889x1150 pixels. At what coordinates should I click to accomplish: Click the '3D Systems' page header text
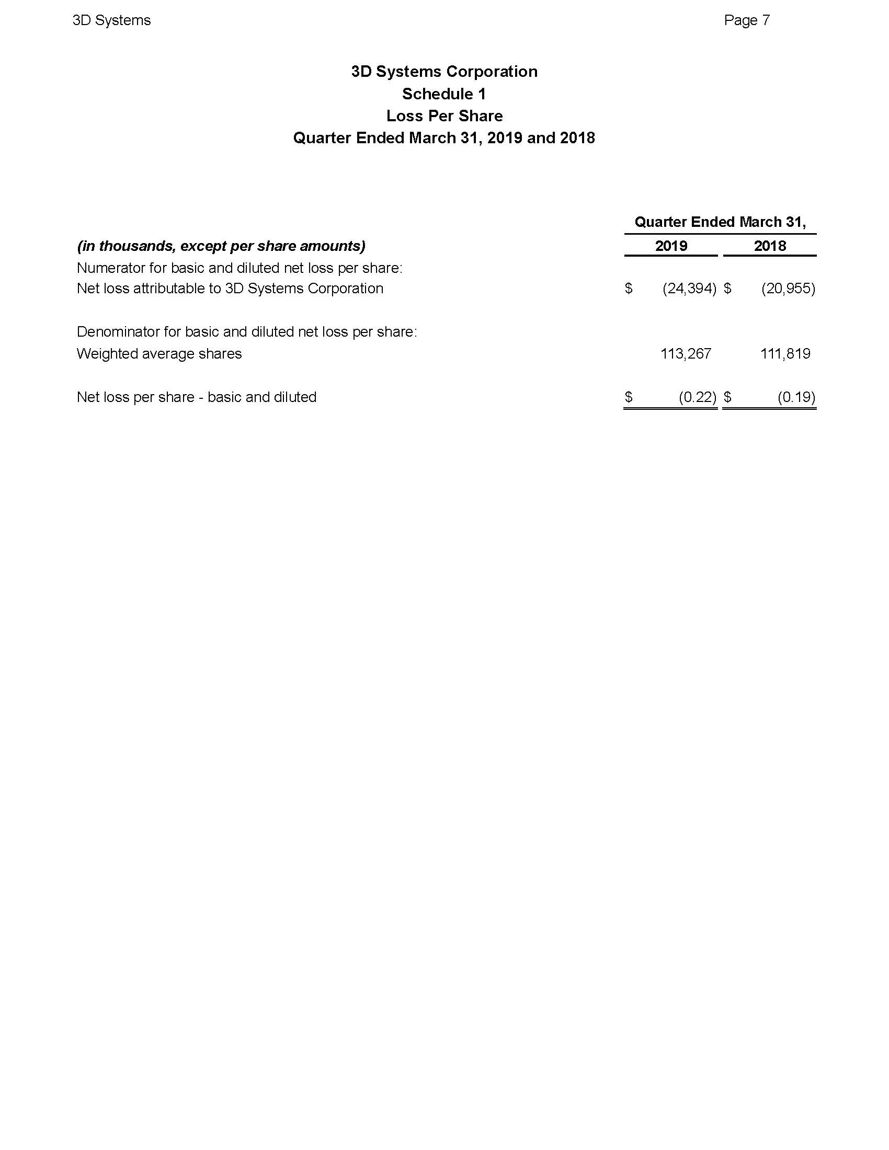[112, 20]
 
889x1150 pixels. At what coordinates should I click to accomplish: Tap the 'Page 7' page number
[746, 20]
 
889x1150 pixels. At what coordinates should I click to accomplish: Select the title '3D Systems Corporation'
[444, 72]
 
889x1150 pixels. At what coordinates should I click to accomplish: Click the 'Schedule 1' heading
[444, 94]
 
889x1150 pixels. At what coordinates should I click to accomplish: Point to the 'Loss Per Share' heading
[444, 116]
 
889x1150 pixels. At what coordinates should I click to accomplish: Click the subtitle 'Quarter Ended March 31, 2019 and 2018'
[444, 138]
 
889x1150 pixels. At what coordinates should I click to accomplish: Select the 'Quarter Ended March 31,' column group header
[720, 222]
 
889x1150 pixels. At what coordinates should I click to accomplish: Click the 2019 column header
[671, 246]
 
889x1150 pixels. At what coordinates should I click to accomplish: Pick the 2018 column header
[769, 246]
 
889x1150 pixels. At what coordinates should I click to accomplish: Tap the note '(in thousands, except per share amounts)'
[221, 246]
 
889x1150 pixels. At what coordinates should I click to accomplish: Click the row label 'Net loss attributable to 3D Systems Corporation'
[230, 289]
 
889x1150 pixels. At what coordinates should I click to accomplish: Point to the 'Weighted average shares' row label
[159, 354]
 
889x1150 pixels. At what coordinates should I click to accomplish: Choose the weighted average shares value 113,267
[686, 354]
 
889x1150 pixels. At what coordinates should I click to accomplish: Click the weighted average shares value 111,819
[785, 354]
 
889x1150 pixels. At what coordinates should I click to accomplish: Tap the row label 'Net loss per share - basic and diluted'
[197, 397]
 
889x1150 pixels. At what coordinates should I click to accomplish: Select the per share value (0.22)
[697, 397]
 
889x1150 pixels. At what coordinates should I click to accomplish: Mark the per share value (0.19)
[796, 397]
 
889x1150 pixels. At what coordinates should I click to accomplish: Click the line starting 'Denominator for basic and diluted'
[246, 332]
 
